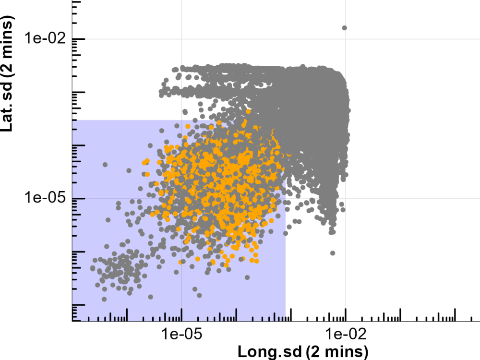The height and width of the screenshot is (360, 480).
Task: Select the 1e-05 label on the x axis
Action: click(181, 333)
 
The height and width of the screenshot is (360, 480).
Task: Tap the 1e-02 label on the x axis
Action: click(345, 333)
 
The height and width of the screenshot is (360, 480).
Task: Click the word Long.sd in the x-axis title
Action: click(270, 351)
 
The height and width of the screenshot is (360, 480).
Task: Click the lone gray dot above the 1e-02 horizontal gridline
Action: click(344, 28)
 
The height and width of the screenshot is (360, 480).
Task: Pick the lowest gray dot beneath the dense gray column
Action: click(332, 253)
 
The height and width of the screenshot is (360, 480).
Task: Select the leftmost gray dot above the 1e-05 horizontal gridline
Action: click(105, 165)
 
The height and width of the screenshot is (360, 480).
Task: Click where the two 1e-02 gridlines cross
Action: click(345, 39)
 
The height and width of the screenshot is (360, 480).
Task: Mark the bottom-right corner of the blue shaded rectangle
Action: click(286, 321)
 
